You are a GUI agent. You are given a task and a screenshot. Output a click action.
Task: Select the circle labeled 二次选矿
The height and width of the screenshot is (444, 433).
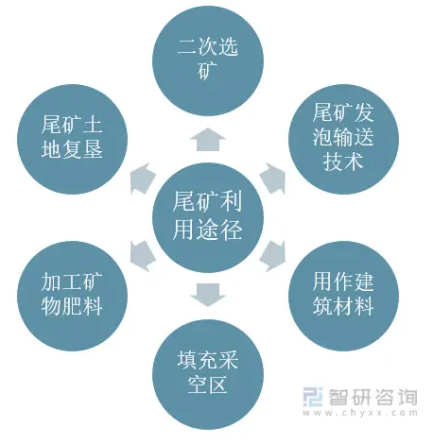[x=208, y=60]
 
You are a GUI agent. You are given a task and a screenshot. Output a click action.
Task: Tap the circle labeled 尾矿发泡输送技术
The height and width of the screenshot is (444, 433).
[x=343, y=139]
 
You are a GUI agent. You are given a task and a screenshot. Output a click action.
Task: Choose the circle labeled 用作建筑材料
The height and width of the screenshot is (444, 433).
[x=343, y=296]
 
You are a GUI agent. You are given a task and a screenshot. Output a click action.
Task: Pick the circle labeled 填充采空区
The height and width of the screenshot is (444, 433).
[x=208, y=374]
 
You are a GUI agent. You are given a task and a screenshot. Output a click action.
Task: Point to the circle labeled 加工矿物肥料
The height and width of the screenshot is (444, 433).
[x=72, y=296]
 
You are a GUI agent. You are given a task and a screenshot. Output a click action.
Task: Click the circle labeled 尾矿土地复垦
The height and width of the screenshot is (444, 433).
[x=72, y=139]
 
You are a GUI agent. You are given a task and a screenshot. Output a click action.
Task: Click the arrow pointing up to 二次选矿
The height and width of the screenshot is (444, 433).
[x=208, y=140]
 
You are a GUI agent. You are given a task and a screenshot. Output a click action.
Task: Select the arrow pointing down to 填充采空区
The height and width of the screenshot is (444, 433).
[x=208, y=295]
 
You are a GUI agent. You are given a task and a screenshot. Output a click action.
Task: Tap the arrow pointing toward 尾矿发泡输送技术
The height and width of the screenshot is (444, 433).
[x=273, y=178]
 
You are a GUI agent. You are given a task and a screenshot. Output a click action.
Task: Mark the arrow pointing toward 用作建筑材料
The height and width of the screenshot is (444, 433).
[x=273, y=256]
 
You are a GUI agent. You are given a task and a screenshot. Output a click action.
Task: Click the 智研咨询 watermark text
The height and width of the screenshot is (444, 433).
[x=373, y=397]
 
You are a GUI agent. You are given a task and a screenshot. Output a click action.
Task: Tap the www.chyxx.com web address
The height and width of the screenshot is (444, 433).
[x=360, y=413]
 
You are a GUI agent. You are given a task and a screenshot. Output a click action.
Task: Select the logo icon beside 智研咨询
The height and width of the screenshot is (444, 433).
[x=313, y=397]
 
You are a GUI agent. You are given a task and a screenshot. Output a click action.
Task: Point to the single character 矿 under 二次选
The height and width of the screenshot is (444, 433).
[x=208, y=70]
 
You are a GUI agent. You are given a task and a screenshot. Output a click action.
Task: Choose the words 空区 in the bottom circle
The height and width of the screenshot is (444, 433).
[x=208, y=384]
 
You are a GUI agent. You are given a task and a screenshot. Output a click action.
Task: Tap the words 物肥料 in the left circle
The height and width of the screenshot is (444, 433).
[x=72, y=306]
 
